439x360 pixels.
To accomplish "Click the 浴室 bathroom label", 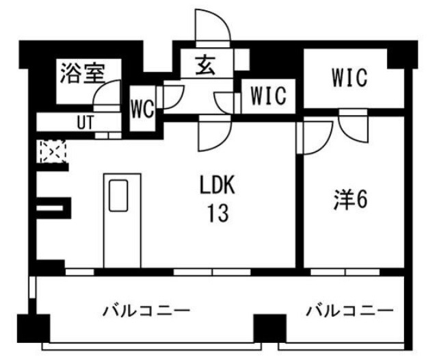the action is tap(83, 73).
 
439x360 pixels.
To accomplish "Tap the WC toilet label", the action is tap(142, 109).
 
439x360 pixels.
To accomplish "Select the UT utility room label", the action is tap(85, 122).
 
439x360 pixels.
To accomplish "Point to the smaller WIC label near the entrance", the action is tap(268, 96).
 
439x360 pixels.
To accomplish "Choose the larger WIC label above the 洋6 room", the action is tap(349, 77).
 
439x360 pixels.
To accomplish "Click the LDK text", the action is tap(217, 184).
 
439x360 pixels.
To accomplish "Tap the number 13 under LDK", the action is tap(218, 213).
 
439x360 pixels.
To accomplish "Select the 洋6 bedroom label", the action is tap(350, 200).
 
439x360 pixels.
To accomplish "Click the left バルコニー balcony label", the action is tap(146, 311).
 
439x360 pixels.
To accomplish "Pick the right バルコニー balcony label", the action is tap(349, 311).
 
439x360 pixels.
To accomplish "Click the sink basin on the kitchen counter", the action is tap(118, 196).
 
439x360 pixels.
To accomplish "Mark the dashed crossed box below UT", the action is tap(53, 151).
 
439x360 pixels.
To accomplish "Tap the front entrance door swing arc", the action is tap(213, 25).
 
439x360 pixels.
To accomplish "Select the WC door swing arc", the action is tap(172, 97).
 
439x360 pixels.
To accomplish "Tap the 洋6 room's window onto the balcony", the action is tap(345, 272).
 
